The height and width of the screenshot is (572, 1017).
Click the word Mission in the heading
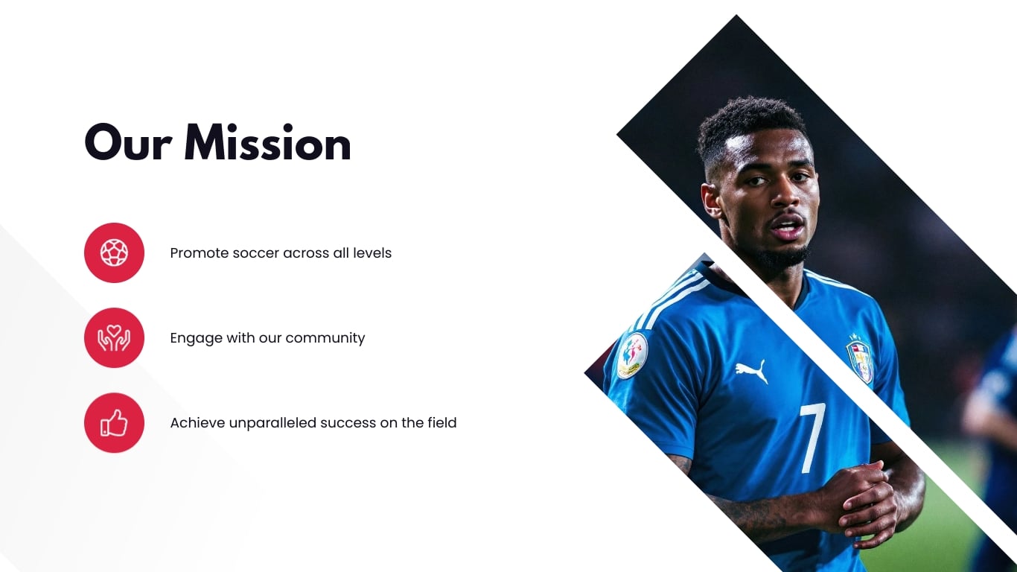(267, 143)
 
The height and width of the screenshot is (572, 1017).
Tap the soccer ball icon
(114, 252)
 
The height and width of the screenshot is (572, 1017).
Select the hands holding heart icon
(114, 337)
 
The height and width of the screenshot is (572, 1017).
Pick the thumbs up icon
(114, 422)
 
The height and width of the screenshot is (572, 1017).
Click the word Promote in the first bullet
(199, 253)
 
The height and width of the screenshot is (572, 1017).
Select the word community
(325, 338)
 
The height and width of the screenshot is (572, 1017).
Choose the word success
(347, 423)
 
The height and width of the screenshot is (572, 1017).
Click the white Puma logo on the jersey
(751, 370)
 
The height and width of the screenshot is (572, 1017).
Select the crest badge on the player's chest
(860, 358)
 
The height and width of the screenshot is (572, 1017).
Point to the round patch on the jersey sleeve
(631, 355)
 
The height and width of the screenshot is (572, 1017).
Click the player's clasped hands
(864, 499)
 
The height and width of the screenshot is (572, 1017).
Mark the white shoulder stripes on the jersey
(669, 298)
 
